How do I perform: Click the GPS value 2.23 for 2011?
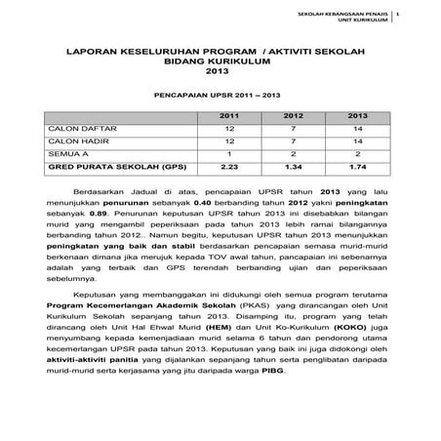[x=230, y=167]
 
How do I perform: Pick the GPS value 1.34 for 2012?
[x=294, y=167]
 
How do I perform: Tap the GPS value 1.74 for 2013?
[x=357, y=167]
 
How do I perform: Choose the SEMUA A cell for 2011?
[x=230, y=154]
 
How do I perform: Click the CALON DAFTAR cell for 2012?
[x=294, y=128]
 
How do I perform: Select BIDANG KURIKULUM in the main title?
[x=220, y=60]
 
